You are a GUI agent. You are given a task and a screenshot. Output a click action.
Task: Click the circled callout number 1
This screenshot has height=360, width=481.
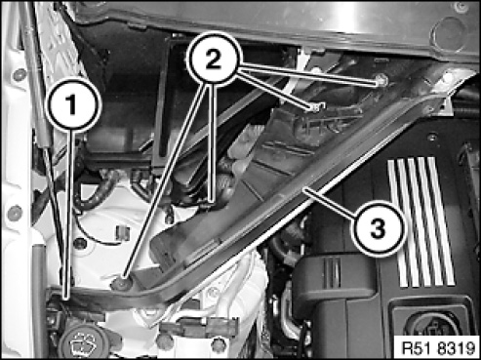[72, 104]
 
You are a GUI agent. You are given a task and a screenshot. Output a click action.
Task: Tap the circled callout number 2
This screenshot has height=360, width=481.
[214, 60]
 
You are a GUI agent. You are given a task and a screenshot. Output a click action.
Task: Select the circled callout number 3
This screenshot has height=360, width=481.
[378, 227]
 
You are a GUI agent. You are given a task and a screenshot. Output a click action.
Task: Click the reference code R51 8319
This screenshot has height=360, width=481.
[438, 348]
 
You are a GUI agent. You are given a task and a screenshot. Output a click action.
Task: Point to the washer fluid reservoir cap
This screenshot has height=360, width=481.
[82, 342]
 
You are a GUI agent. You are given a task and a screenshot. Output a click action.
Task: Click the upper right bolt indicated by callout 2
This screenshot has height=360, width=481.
[381, 80]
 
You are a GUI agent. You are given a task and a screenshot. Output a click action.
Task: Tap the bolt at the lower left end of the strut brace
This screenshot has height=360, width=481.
[122, 284]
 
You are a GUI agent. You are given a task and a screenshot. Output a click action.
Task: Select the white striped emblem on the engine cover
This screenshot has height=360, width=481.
[421, 221]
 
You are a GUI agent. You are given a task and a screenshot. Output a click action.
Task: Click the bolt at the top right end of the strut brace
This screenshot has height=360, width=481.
[448, 78]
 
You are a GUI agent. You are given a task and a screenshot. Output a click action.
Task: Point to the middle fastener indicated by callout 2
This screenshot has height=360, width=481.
[315, 108]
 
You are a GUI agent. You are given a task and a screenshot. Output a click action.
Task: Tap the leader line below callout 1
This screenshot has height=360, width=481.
[68, 214]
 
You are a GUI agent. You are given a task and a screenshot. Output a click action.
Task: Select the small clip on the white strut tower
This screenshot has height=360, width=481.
[122, 233]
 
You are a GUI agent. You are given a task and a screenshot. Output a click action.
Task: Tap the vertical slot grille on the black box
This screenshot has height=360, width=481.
[332, 273]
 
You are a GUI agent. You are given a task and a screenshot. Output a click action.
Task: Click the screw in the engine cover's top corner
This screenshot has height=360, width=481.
[432, 138]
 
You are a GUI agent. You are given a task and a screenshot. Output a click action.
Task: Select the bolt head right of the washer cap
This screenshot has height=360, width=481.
[165, 340]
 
